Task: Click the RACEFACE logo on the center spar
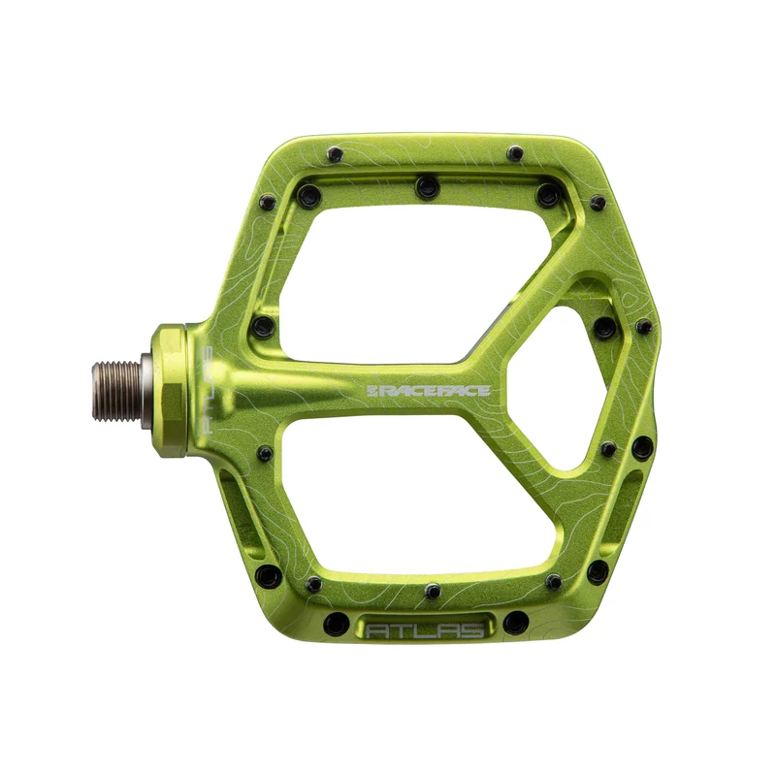coord(428,377)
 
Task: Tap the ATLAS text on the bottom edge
coord(424,630)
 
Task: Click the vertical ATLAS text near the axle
coord(207,389)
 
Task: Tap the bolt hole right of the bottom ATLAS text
coord(516,621)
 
